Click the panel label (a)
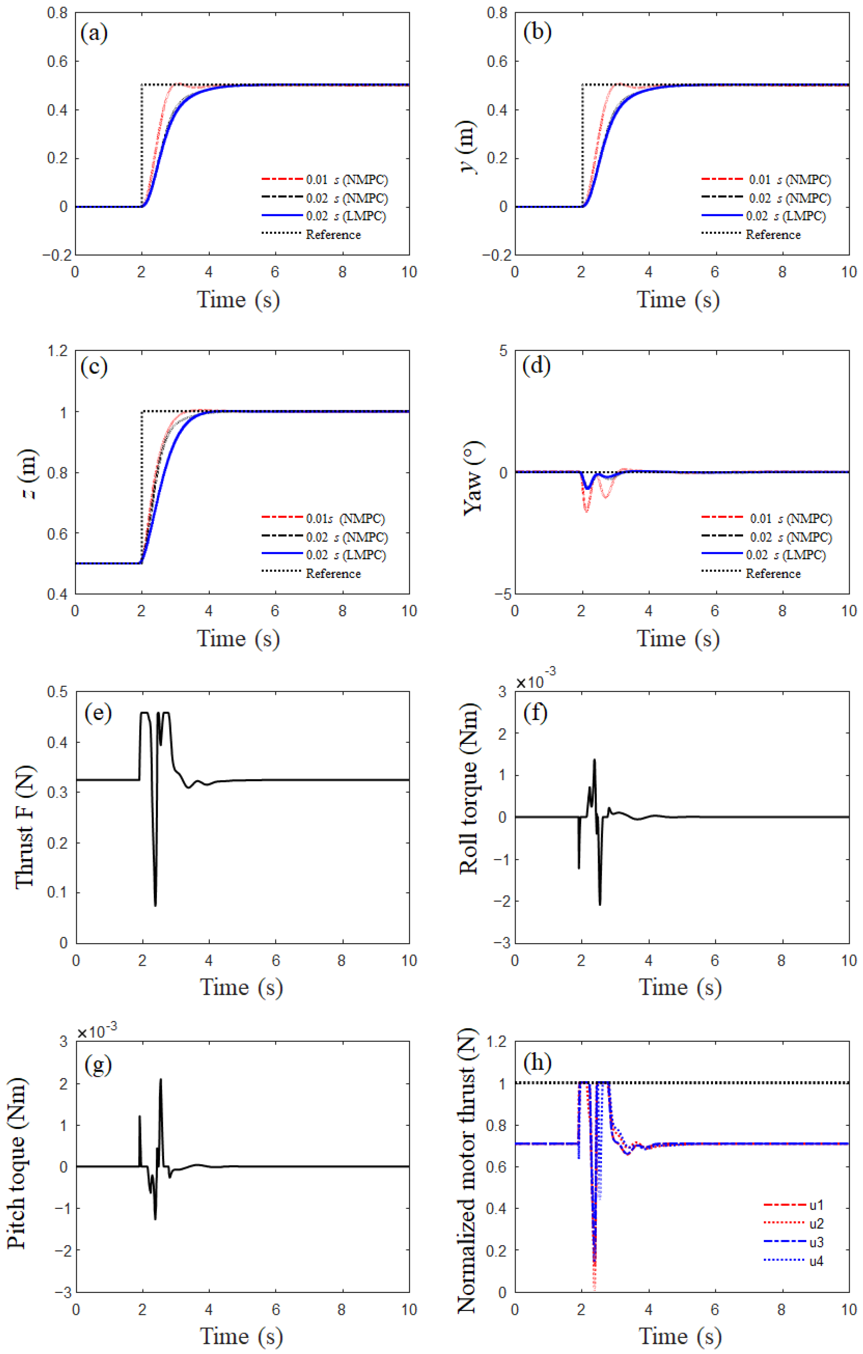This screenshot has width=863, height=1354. (94, 33)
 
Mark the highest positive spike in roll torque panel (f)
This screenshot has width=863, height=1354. (594, 760)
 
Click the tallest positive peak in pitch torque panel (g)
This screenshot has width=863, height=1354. (161, 1079)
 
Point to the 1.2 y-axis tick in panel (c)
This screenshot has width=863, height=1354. (57, 351)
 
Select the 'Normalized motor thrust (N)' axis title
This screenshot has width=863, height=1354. (467, 1171)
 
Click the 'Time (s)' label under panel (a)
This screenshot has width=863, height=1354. (238, 299)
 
